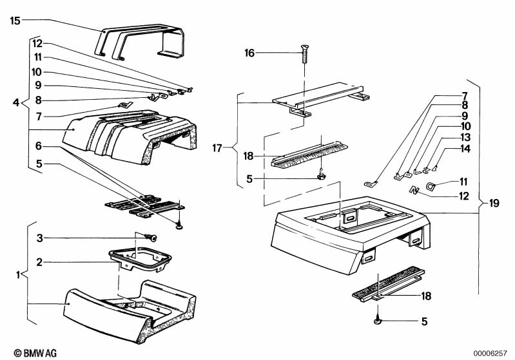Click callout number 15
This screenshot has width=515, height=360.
15,21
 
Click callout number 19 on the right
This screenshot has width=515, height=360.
493,204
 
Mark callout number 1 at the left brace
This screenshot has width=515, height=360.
18,275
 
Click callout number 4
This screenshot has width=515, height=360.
17,102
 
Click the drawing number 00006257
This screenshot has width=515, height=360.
492,353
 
